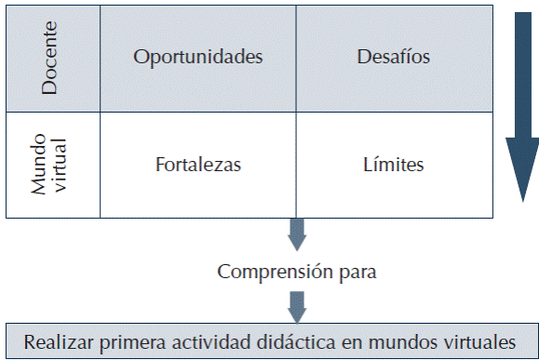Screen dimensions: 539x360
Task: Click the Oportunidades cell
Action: [197, 57]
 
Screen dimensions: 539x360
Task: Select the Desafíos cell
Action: [394, 57]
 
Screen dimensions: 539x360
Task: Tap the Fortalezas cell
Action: [197, 166]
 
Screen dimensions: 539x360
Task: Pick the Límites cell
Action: [394, 166]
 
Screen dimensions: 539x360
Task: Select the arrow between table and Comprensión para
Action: [297, 234]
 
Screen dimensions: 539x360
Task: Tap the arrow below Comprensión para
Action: [297, 304]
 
